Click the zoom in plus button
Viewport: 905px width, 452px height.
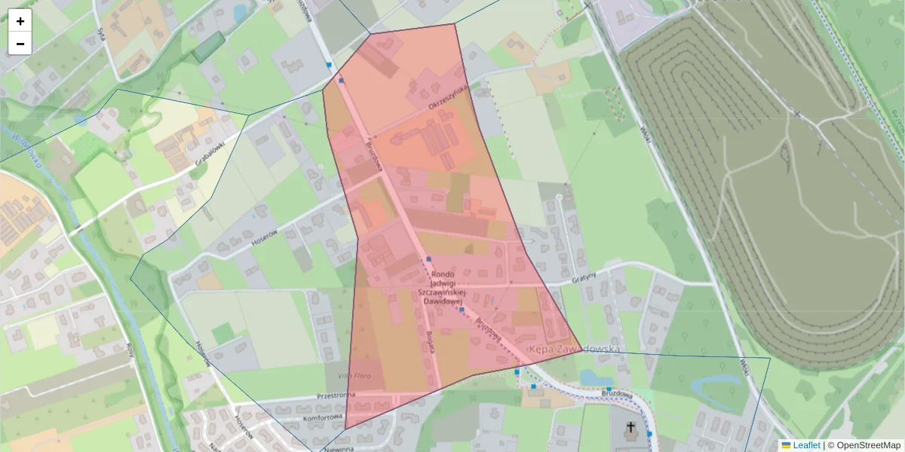[20, 21]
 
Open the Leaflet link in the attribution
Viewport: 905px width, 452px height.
[805, 445]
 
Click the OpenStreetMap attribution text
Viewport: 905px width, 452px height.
[864, 445]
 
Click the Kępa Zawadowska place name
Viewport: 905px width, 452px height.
[574, 350]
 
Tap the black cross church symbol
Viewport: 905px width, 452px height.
[630, 429]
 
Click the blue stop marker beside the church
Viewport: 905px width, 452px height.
[649, 434]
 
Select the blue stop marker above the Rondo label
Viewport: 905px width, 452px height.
[428, 259]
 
